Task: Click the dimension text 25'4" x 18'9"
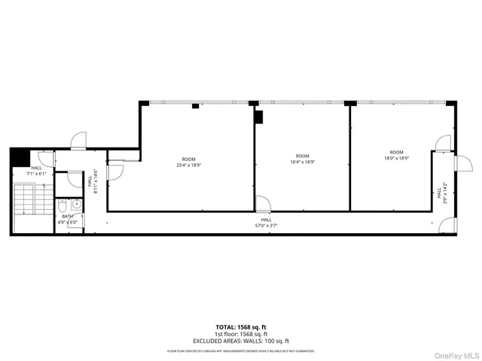[x=189, y=165]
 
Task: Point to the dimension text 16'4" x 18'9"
[x=303, y=161]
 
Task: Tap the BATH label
[x=68, y=216]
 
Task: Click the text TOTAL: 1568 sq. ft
[x=240, y=327]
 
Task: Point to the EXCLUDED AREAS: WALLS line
[x=240, y=342]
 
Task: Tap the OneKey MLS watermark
[x=455, y=353]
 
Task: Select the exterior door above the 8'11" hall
[x=78, y=141]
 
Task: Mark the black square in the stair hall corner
[x=19, y=156]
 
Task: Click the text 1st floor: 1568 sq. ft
[x=240, y=335]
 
